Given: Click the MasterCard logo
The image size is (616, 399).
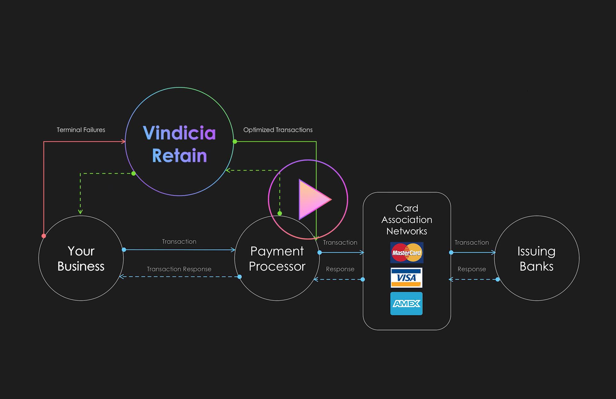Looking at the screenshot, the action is point(406,253).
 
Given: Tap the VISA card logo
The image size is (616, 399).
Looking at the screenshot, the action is point(406,278).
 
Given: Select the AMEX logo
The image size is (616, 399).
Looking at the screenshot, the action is point(406,303).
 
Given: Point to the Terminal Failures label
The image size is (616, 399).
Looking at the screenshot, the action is point(81,130).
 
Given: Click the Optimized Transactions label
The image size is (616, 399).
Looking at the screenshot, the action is point(278,130).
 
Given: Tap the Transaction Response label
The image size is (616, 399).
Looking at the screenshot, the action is point(179,269).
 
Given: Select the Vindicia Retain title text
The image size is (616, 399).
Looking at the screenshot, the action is point(179,144).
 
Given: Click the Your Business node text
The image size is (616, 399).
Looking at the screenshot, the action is point(81,259).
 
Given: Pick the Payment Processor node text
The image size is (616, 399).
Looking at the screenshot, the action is point(277,259).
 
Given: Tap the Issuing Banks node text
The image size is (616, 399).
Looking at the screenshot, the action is point(536,259).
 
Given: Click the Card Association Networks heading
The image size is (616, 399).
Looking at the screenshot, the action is point(407,220).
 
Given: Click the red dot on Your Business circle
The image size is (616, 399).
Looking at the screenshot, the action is point(44,236).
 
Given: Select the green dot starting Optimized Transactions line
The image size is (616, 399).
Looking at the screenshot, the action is point(235,141).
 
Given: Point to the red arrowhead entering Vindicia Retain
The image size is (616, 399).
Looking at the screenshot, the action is point(123,141).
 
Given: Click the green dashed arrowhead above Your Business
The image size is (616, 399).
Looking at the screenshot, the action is point(80,212).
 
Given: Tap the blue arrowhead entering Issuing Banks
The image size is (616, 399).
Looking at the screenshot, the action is point(493,253).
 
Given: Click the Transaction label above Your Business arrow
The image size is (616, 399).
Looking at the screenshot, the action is point(179,242).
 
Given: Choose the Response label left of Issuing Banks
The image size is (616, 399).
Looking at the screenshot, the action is point(472,269).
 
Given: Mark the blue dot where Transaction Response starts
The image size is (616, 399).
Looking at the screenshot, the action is point(240,277).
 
